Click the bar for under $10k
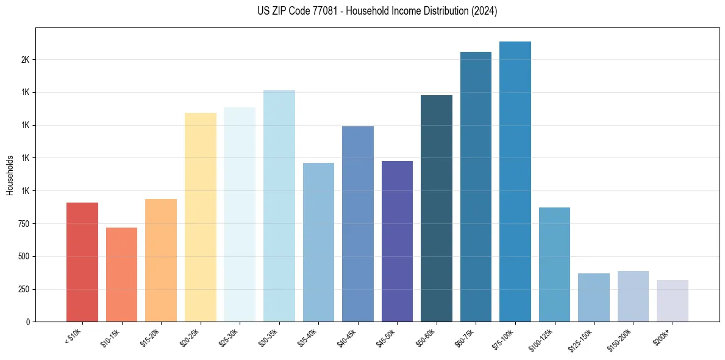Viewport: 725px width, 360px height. coord(82,262)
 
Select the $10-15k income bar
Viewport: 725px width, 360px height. coord(121,275)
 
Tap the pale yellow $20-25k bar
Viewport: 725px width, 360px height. coord(201,217)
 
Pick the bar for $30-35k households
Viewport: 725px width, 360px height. coord(279,206)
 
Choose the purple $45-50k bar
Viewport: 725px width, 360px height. coord(397,241)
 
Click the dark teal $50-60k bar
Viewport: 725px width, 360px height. coord(437,209)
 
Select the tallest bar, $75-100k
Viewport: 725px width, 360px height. coord(515,182)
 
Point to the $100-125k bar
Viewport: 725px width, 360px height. coord(554,265)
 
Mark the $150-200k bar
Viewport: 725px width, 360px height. coord(633,297)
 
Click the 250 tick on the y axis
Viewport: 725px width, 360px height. coord(23,289)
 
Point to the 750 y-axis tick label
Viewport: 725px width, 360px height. coord(23,224)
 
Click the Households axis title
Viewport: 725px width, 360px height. coord(10,175)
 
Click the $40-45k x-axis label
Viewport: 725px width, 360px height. coord(346,337)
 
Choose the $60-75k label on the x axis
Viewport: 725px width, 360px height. coord(465,337)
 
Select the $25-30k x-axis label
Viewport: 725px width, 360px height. coord(228,337)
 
